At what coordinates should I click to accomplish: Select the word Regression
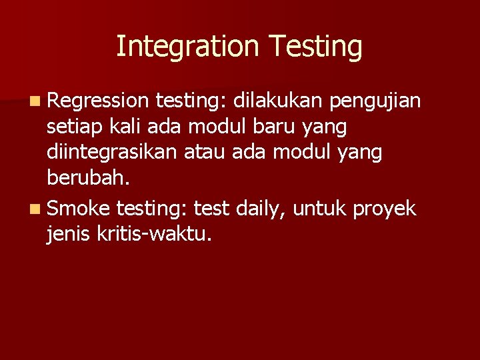tap(98, 101)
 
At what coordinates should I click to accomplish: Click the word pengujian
tap(375, 102)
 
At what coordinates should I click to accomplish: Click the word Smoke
tap(79, 209)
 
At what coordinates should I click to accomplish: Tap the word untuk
tap(320, 209)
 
